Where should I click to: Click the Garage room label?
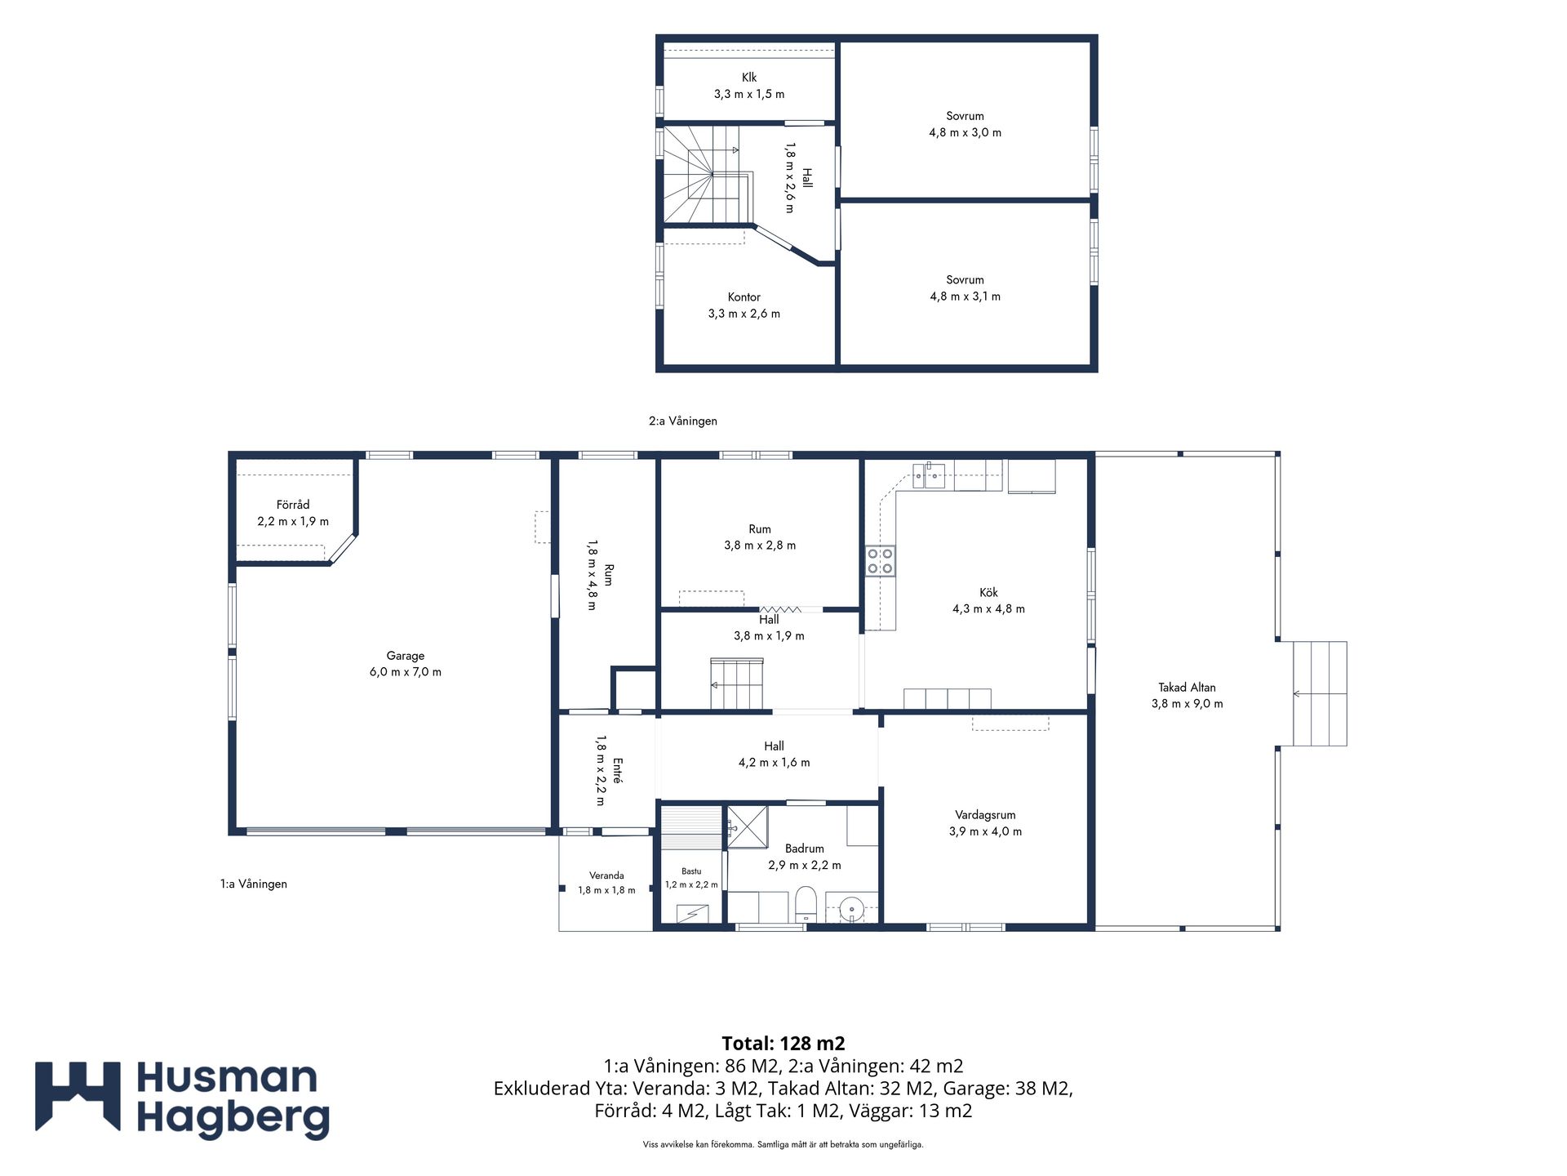point(406,656)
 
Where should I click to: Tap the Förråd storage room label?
point(293,505)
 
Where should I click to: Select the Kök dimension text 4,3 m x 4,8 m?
point(988,608)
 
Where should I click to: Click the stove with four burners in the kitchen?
point(880,561)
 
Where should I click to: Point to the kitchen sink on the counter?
point(929,474)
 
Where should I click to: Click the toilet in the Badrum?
point(806,904)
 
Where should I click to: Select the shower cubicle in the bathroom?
point(747,826)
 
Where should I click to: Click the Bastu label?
point(691,871)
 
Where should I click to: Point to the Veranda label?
point(606,875)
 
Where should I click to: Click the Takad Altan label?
point(1187,688)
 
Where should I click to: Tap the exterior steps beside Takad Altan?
point(1319,693)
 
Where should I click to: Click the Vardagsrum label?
point(985,815)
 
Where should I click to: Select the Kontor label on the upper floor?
point(744,297)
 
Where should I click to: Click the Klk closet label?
point(749,78)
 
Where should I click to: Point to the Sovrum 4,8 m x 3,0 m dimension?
point(965,132)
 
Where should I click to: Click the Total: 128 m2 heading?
point(783,1043)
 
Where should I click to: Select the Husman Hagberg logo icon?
point(78,1096)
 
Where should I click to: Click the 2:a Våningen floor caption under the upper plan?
point(683,421)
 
